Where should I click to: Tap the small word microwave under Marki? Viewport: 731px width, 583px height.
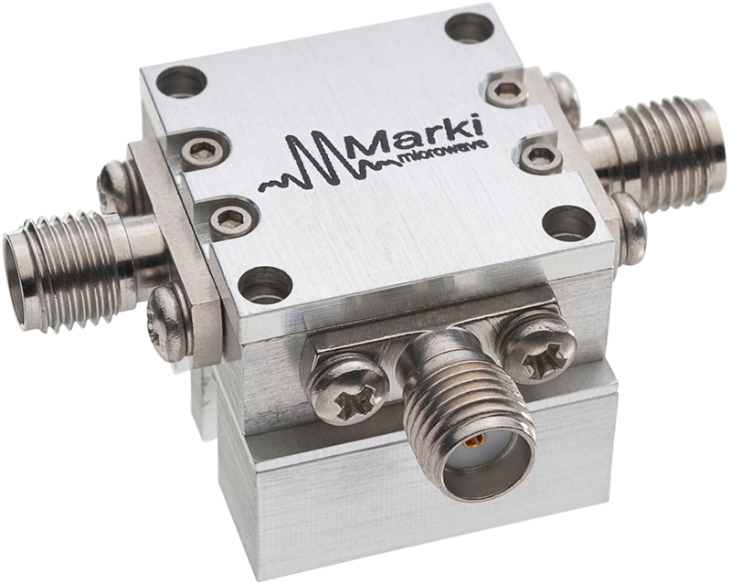tap(444, 155)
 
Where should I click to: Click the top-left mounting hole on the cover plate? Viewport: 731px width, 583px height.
tap(183, 82)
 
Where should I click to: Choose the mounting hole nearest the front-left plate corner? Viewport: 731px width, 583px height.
tap(266, 285)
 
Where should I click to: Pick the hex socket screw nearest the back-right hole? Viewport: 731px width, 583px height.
tap(506, 90)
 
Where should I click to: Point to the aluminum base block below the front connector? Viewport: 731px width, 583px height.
tap(365, 512)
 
